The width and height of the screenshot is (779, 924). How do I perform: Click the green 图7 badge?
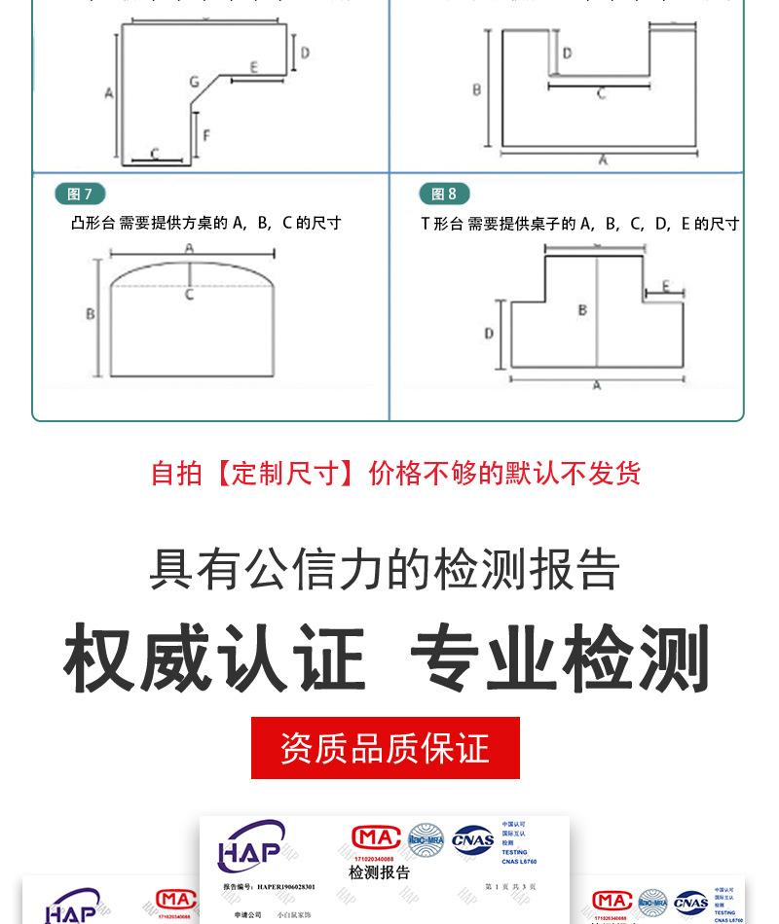pyautogui.click(x=80, y=194)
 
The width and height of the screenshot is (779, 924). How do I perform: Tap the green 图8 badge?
pyautogui.click(x=444, y=194)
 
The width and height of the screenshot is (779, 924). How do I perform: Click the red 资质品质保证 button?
pyautogui.click(x=385, y=748)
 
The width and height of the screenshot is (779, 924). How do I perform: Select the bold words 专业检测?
pyautogui.click(x=561, y=659)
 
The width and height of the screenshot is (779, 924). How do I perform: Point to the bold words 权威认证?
pyautogui.click(x=215, y=659)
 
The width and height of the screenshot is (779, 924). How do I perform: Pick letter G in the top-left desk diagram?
pyautogui.click(x=194, y=83)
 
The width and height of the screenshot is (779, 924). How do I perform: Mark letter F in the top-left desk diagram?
pyautogui.click(x=206, y=135)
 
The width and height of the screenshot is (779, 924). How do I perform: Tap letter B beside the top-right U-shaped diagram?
pyautogui.click(x=477, y=89)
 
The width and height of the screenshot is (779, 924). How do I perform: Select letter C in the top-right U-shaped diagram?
pyautogui.click(x=601, y=94)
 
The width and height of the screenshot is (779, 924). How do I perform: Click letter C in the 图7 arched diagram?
pyautogui.click(x=190, y=294)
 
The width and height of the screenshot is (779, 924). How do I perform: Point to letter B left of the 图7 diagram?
pyautogui.click(x=91, y=313)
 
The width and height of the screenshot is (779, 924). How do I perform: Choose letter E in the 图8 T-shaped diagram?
pyautogui.click(x=666, y=286)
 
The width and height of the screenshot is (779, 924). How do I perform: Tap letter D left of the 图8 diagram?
pyautogui.click(x=489, y=334)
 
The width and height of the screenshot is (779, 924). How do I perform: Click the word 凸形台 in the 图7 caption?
pyautogui.click(x=93, y=223)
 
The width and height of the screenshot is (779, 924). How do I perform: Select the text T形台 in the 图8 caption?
pyautogui.click(x=441, y=224)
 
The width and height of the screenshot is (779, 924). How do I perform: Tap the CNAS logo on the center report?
pyautogui.click(x=472, y=839)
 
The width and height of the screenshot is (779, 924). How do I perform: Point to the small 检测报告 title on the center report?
pyautogui.click(x=380, y=872)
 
